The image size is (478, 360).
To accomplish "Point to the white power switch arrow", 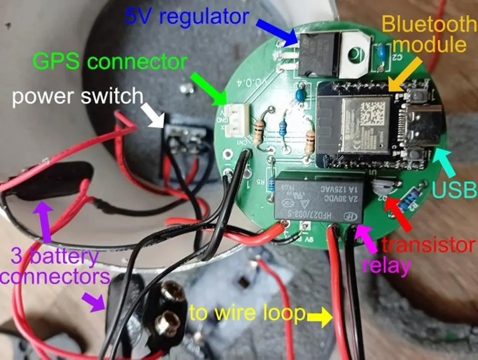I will point(156,115).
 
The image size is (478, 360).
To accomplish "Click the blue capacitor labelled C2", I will point(382,52).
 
